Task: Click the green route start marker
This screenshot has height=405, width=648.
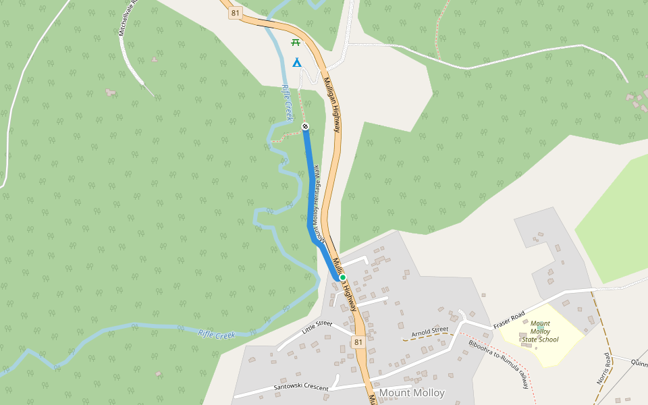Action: [342, 277]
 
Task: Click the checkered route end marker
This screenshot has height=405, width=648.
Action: [305, 126]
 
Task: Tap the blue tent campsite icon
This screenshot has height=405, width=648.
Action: [296, 63]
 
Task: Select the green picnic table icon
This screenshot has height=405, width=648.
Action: [295, 43]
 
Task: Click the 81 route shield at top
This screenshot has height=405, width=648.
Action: [235, 13]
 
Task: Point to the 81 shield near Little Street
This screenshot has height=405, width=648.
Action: [358, 342]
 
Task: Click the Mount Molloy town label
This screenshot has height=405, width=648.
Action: [412, 393]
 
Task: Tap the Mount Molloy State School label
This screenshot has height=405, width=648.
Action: [540, 331]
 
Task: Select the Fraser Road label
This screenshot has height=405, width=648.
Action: [509, 321]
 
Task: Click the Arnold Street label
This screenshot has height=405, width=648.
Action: [430, 332]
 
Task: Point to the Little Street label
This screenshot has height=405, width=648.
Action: [317, 327]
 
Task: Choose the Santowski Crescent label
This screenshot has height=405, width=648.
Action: [300, 387]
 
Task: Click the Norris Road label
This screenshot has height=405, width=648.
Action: [603, 369]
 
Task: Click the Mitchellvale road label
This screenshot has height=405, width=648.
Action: [127, 17]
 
